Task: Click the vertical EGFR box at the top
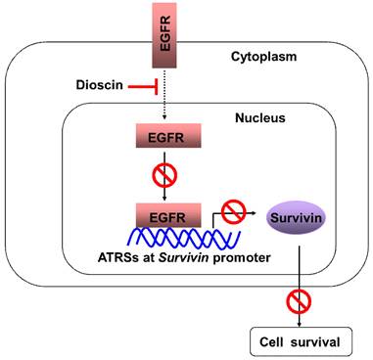[163, 32]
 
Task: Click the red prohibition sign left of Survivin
[232, 208]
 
